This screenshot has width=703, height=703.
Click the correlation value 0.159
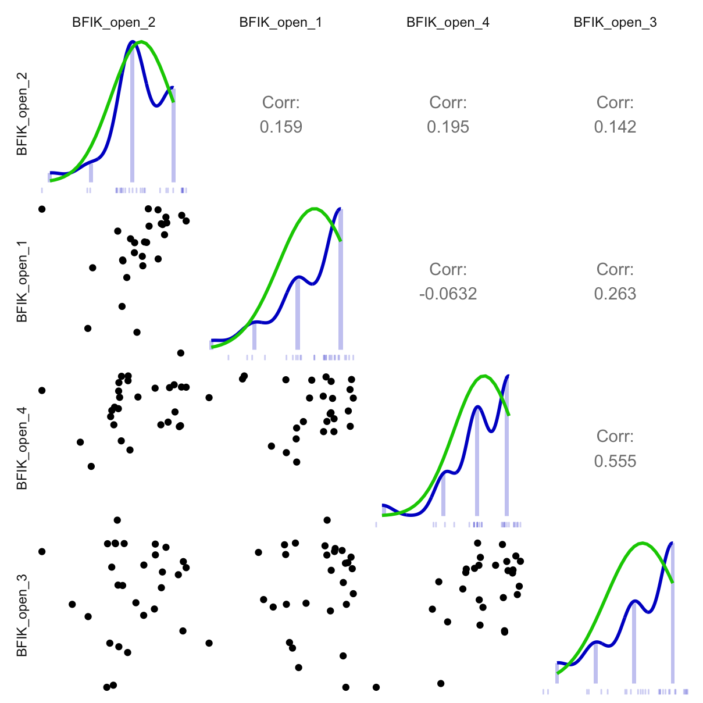281,127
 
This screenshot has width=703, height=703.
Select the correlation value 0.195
448,127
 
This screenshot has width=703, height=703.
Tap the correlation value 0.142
615,127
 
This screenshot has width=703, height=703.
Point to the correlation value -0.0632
448,294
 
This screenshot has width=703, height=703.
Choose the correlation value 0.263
615,294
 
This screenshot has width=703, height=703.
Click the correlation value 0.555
615,461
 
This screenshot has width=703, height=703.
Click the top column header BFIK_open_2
114,23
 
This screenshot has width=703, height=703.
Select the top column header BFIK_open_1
281,23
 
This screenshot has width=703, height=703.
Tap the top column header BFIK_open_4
448,23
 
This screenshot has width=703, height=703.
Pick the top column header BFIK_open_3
615,23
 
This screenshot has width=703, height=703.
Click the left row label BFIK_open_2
22,114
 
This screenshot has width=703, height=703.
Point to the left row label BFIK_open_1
22,281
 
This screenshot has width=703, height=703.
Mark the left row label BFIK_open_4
22,448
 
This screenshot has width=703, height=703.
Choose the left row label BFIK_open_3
22,615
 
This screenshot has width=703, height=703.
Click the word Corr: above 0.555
615,436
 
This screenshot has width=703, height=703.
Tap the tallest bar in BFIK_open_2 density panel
132,116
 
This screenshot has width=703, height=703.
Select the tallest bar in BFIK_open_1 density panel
341,279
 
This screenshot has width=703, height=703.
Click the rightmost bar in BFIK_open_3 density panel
673,616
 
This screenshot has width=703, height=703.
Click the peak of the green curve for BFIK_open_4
484,376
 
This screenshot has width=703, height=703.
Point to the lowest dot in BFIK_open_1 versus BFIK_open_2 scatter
180,353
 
